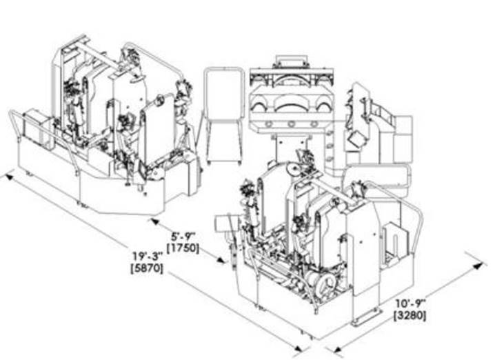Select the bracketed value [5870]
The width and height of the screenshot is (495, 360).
pyautogui.click(x=147, y=268)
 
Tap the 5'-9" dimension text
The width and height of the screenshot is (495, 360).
pyautogui.click(x=183, y=237)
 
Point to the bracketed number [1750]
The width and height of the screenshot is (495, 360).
pyautogui.click(x=183, y=248)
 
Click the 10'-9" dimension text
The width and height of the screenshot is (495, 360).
pyautogui.click(x=411, y=303)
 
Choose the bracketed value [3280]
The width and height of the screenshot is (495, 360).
pyautogui.click(x=410, y=315)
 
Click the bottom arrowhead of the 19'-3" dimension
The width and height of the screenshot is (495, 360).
pyautogui.click(x=298, y=348)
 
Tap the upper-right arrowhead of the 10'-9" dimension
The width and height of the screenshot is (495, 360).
pyautogui.click(x=479, y=266)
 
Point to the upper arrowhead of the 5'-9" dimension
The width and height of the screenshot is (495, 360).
pyautogui.click(x=155, y=221)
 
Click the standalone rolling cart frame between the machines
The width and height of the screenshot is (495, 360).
pyautogui.click(x=224, y=115)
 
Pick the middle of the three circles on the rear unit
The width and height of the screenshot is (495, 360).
pyautogui.click(x=291, y=124)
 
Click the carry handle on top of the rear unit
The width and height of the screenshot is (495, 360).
pyautogui.click(x=291, y=60)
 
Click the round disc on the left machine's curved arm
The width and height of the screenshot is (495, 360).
pyautogui.click(x=159, y=101)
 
